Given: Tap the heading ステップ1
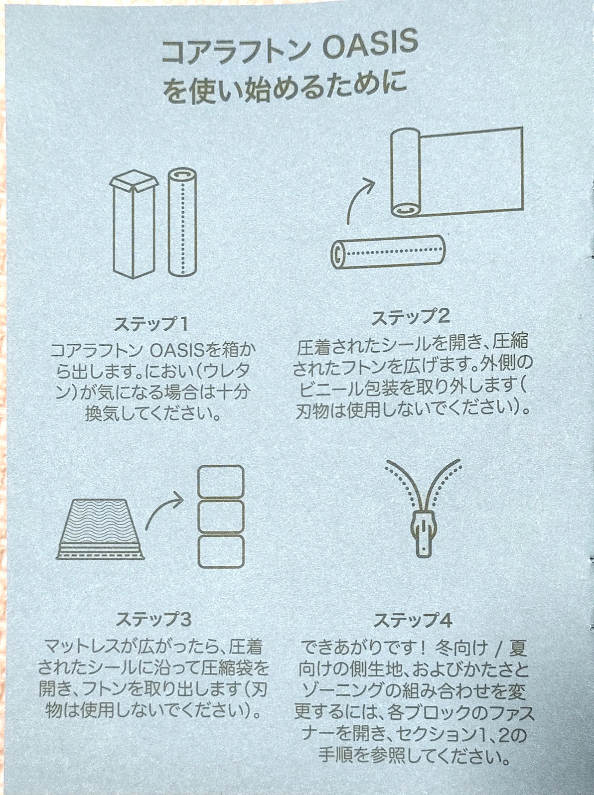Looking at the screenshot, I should pos(151,324).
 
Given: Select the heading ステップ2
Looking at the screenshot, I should pos(411,317).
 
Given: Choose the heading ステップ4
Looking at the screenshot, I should pos(413,621).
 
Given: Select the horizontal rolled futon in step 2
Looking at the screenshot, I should pos(388,252).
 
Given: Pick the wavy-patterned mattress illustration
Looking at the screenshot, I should pos(100,528).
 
